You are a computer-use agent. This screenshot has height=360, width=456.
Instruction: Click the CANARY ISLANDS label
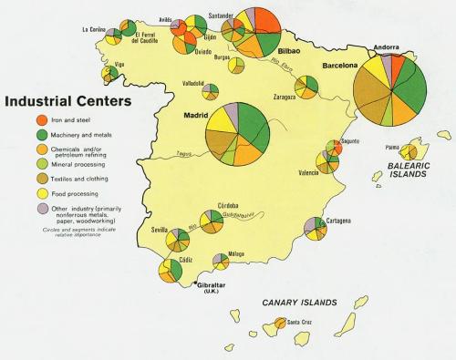(299, 302)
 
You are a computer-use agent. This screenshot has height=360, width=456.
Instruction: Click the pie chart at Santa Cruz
(279, 324)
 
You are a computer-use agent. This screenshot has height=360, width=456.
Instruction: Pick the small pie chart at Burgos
(236, 65)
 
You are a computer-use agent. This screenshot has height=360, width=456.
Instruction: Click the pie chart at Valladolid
(211, 90)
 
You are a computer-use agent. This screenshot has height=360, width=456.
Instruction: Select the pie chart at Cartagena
(316, 228)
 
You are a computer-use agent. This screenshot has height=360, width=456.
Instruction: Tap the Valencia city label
(308, 172)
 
